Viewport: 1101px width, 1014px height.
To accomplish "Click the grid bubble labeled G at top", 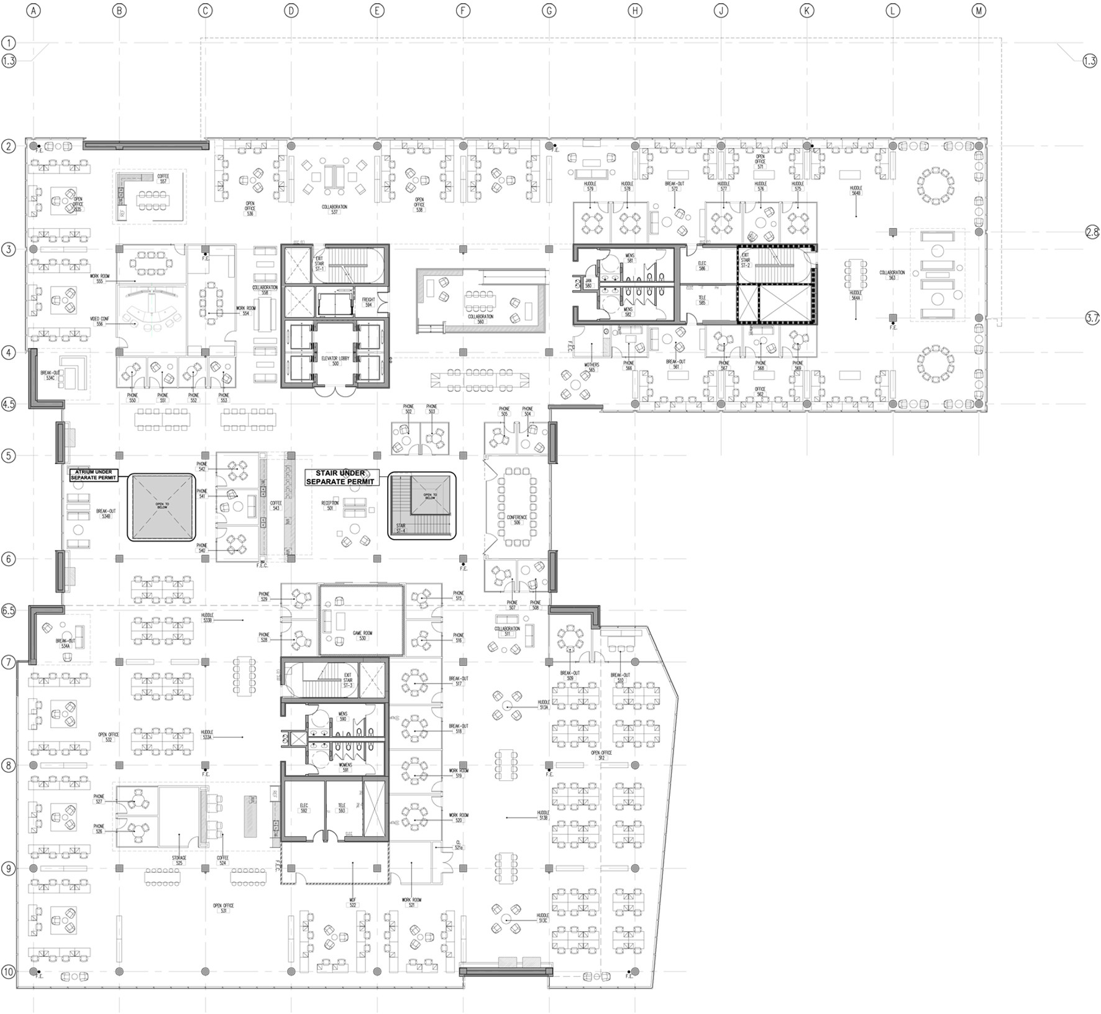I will tap(549, 11).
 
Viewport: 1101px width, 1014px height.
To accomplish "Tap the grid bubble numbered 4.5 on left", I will tap(8, 404).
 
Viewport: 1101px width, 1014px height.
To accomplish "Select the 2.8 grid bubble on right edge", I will tap(1092, 232).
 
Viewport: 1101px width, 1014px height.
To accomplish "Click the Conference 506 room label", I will tap(516, 520).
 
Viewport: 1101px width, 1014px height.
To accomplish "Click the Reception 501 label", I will tap(329, 505).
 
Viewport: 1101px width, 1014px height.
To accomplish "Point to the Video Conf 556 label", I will tap(99, 321).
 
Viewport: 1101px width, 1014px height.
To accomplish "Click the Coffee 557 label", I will tap(163, 178).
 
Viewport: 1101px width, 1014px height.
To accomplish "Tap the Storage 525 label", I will tap(179, 860).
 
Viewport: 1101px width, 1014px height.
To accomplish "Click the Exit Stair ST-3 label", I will tap(348, 680).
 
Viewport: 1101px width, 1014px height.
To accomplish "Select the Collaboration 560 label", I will tap(480, 319).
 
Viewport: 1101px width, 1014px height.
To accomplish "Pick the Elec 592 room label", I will tap(304, 808).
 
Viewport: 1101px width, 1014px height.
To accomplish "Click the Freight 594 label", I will tap(368, 302).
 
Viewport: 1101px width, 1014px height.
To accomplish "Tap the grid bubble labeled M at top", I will tap(979, 11).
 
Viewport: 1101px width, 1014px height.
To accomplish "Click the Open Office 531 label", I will tap(223, 908).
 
